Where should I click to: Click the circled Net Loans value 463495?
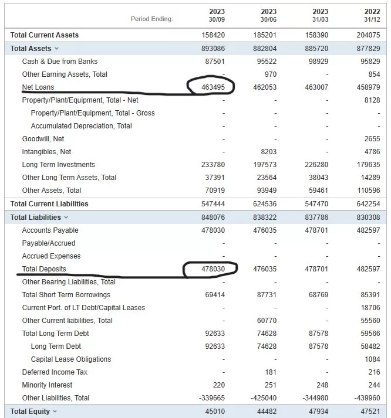(213, 87)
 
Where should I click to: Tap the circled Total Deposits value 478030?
(213, 269)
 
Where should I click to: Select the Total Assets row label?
(31, 49)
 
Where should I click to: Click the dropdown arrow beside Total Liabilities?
(66, 218)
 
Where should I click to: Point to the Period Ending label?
(152, 19)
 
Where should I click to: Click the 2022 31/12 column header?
(372, 15)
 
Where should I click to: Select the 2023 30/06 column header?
(268, 15)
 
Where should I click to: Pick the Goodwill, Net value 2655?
(372, 139)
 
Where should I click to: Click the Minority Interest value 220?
(219, 385)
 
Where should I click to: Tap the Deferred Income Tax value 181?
(271, 372)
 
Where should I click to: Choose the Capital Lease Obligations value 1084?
(372, 359)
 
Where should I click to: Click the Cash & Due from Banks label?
(60, 62)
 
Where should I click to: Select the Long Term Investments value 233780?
(213, 165)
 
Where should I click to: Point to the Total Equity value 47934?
(318, 412)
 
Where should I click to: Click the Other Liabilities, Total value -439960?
(367, 398)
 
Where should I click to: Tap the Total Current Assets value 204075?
(368, 35)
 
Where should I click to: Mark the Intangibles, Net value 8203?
(269, 152)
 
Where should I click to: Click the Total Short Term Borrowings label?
(66, 295)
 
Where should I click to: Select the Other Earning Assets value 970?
(271, 74)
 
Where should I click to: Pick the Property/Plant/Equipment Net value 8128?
(372, 100)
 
